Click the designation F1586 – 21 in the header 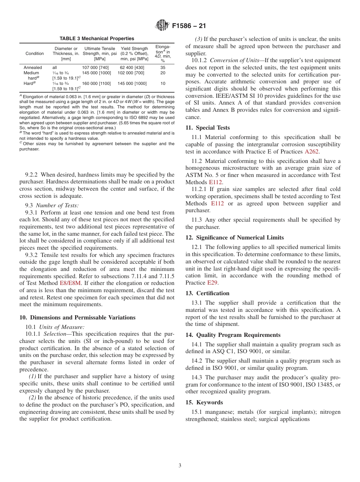pos(189,26)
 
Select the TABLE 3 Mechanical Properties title pos(97,39)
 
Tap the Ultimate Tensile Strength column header pos(100,53)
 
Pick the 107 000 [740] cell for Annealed pos(95,67)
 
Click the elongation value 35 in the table pos(163,67)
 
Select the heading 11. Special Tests pos(207,128)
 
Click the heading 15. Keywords pos(204,402)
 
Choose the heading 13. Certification pos(207,293)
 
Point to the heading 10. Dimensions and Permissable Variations pos(77,318)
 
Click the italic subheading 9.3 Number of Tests pos(52,205)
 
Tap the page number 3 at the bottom pos(180,465)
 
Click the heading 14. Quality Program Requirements pos(233,335)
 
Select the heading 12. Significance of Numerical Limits pos(234,238)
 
